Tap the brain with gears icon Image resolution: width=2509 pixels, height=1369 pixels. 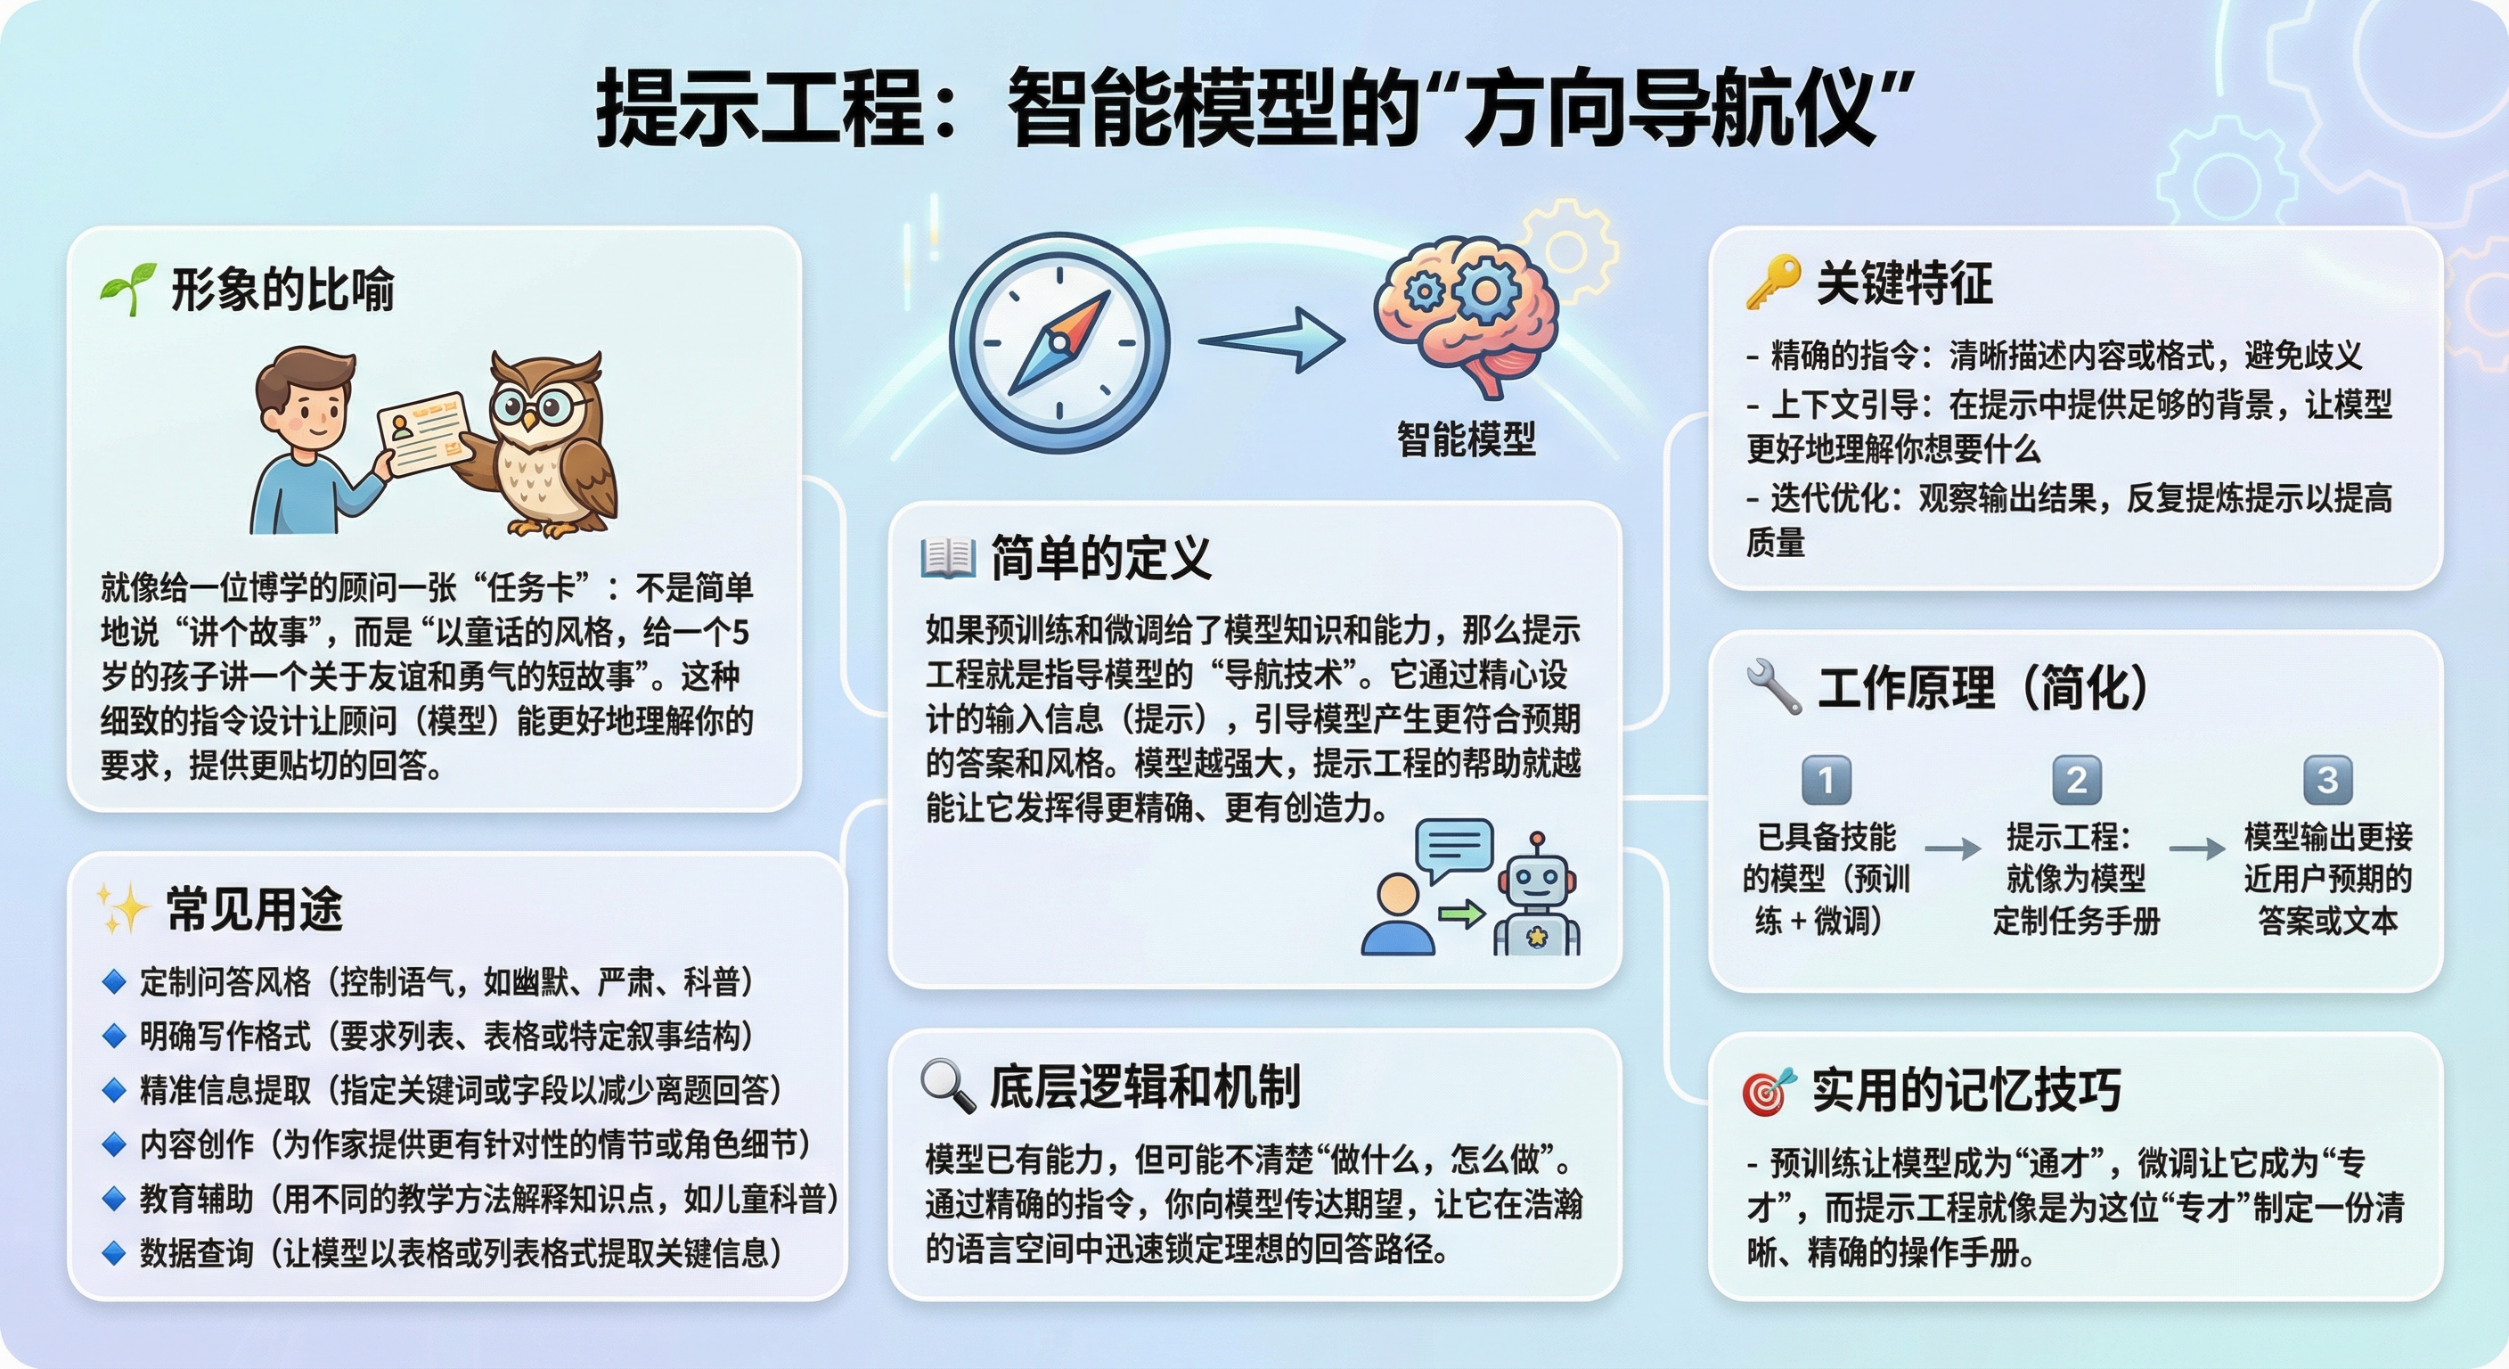tap(1467, 312)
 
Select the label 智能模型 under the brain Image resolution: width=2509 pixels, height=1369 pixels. tap(1466, 439)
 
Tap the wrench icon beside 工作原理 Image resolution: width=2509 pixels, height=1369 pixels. tap(1774, 686)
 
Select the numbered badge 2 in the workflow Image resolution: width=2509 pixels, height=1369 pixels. tap(2076, 780)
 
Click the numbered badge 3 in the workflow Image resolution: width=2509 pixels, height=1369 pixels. tap(2327, 780)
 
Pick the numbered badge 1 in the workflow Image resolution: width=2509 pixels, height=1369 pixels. tap(1826, 780)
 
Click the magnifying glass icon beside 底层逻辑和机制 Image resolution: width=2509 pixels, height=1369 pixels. tap(948, 1086)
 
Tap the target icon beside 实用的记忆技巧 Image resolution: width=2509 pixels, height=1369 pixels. tap(1768, 1090)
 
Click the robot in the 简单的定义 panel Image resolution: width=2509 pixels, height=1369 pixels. tap(1537, 897)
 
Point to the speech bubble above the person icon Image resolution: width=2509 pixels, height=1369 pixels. tap(1453, 848)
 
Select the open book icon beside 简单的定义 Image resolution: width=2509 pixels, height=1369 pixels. tap(948, 558)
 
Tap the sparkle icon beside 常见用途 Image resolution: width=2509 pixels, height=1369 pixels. tap(123, 908)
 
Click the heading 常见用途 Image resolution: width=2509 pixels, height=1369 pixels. tap(254, 909)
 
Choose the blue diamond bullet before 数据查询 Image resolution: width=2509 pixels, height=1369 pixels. tap(114, 1253)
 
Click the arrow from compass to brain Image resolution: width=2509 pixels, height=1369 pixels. tap(1271, 339)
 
